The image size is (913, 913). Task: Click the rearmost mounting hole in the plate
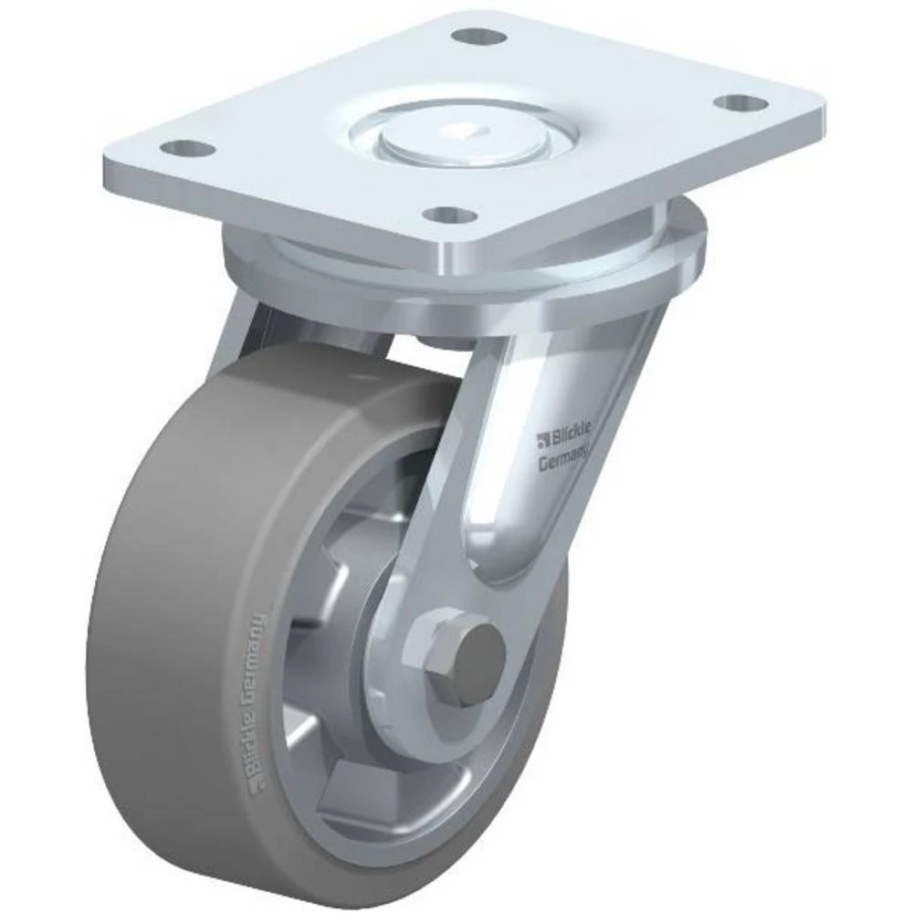pos(479,38)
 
